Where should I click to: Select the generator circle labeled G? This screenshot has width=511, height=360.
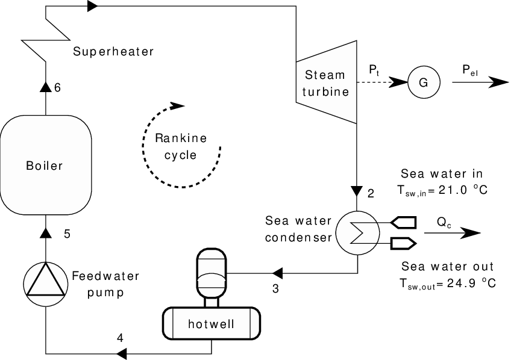[x=423, y=82]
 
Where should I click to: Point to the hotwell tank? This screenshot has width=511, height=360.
[x=211, y=324]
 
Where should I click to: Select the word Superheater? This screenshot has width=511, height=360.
[x=113, y=52]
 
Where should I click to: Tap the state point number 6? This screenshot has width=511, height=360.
[x=58, y=88]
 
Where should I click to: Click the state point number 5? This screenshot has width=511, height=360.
[x=67, y=234]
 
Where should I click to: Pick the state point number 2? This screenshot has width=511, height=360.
[x=371, y=194]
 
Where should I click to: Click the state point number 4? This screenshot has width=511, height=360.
[x=121, y=338]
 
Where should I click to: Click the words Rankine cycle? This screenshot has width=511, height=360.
[x=181, y=146]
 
